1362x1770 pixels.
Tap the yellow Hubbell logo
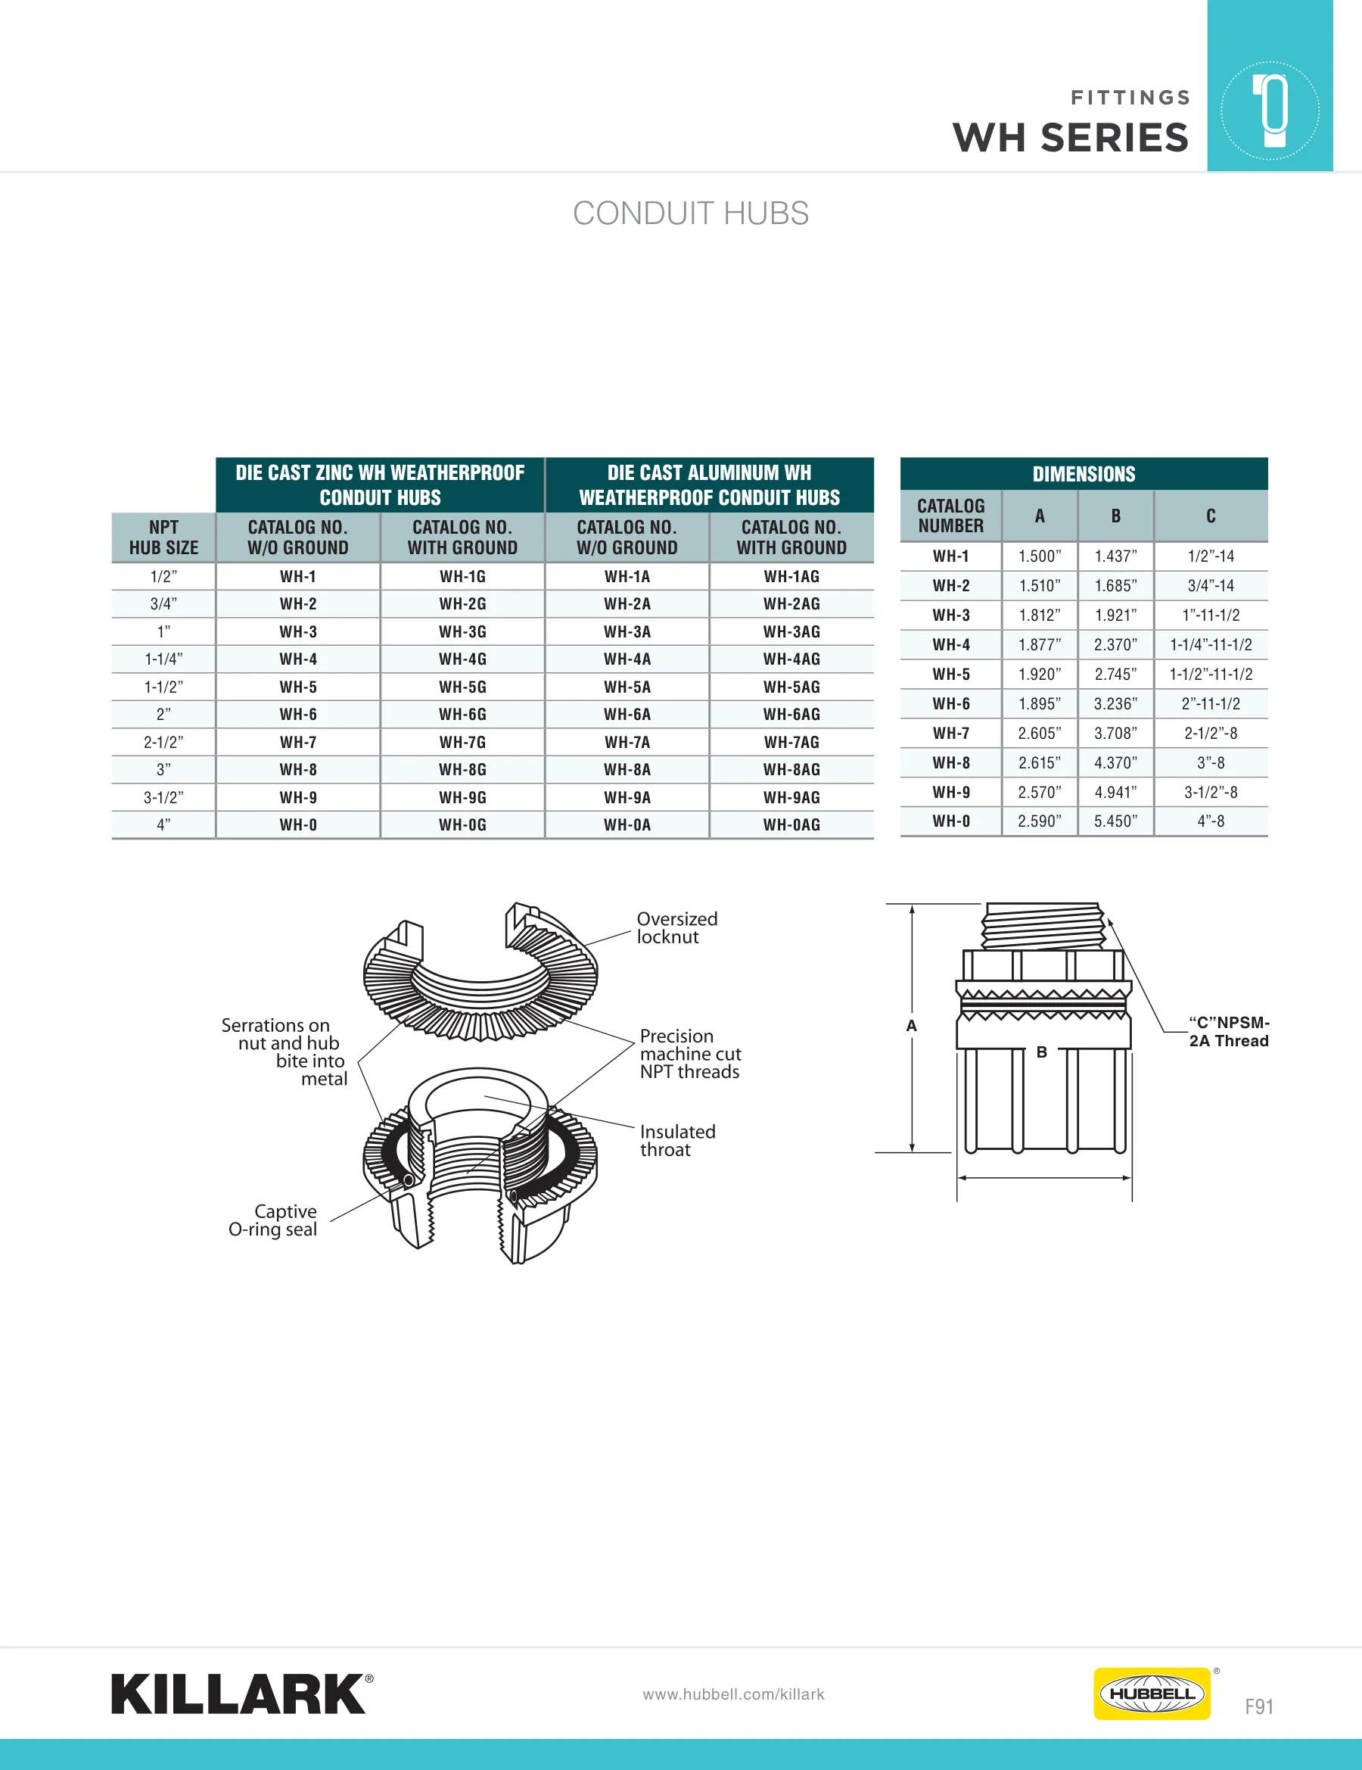1152,1693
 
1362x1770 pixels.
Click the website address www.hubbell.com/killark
733,1694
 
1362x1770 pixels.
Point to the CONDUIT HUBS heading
690,213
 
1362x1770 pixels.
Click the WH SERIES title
1071,137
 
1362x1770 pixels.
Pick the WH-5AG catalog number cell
791,687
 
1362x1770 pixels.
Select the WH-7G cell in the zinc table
462,743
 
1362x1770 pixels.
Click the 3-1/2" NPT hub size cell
163,797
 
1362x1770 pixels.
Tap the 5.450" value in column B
1115,821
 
